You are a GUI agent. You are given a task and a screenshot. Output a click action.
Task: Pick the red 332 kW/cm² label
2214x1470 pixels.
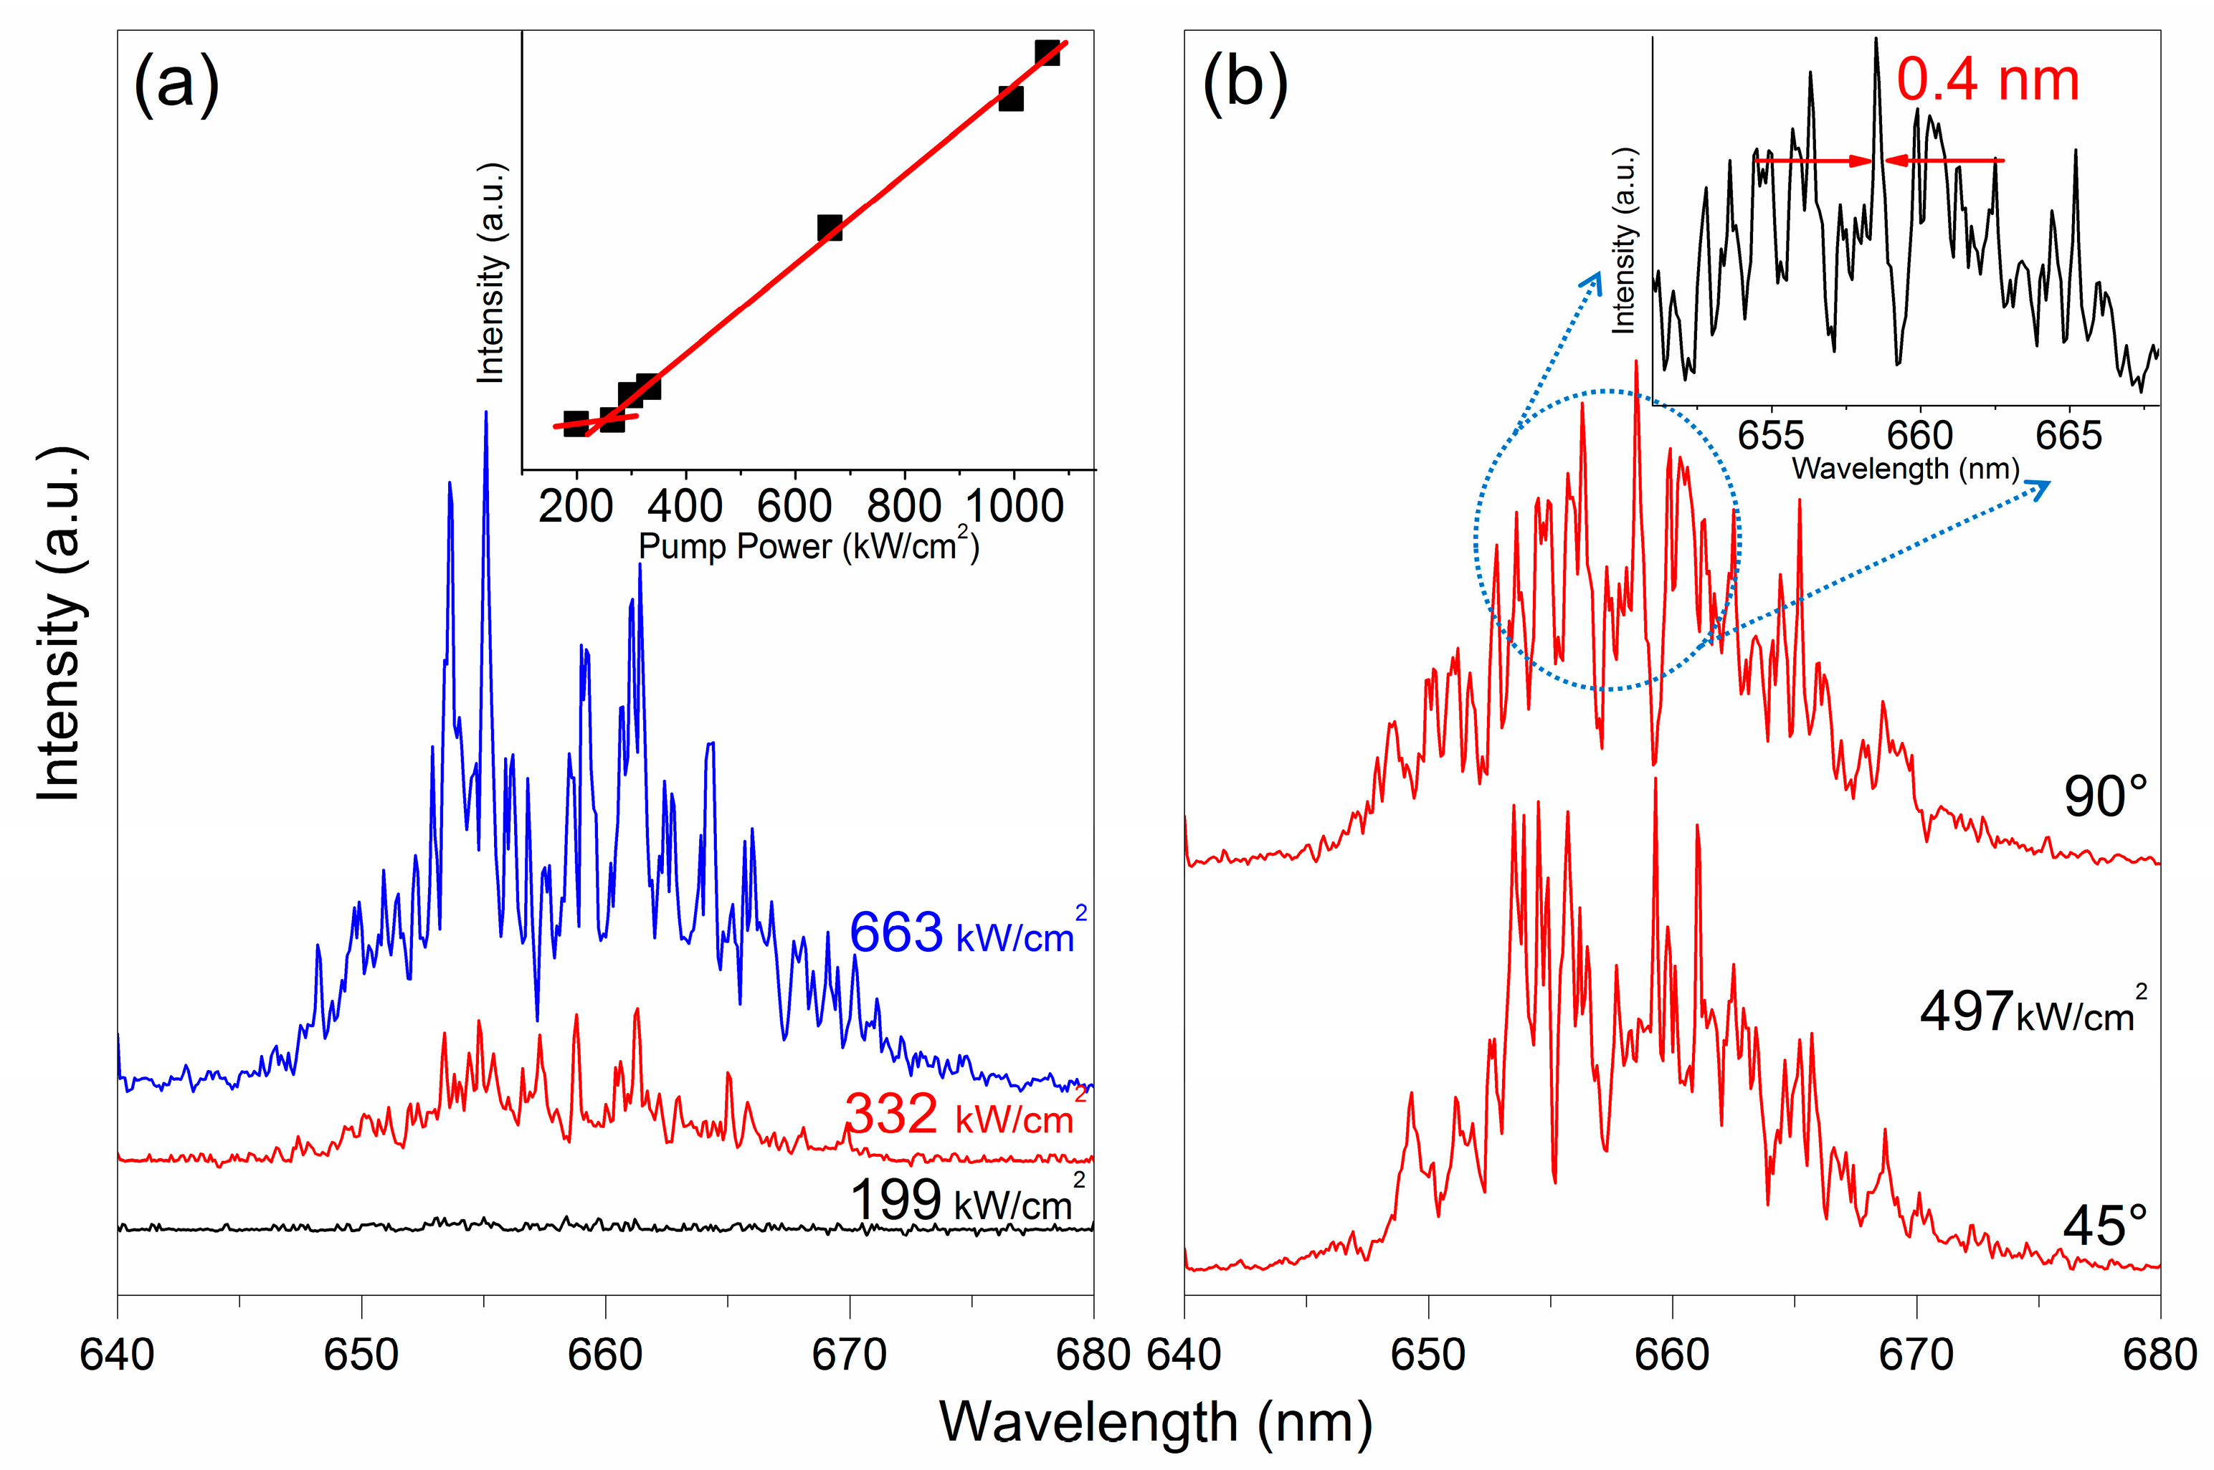click(x=961, y=1114)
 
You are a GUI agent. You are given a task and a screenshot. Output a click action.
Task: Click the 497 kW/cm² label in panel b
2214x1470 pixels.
click(x=2031, y=1013)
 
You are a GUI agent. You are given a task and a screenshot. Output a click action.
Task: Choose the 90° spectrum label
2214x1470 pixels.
click(x=2104, y=797)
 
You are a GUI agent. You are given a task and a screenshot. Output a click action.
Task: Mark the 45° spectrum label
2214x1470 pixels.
click(x=2104, y=1226)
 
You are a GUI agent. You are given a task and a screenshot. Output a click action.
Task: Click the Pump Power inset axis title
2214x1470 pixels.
click(x=808, y=547)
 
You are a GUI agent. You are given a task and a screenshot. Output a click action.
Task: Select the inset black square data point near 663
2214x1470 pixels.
click(x=829, y=228)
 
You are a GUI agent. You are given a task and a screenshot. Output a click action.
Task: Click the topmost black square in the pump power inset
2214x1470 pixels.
click(x=1047, y=52)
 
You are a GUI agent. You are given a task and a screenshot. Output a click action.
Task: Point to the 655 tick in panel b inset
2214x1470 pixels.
click(x=1770, y=436)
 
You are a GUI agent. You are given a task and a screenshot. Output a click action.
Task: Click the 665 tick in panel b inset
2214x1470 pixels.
click(x=2068, y=436)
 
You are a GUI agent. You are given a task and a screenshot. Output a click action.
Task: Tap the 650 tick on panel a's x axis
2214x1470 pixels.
click(x=361, y=1355)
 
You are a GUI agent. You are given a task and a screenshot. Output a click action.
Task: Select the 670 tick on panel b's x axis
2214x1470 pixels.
click(x=1916, y=1355)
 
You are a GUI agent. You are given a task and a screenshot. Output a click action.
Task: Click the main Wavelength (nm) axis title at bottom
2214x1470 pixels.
click(x=1155, y=1421)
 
